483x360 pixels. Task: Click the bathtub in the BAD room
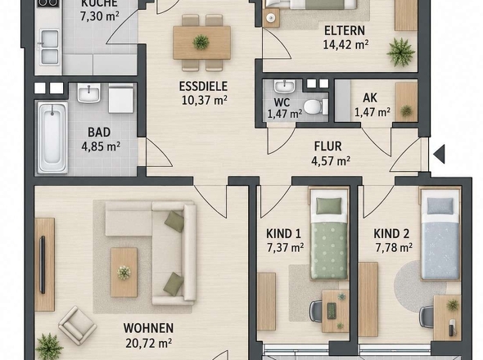pos(52,137)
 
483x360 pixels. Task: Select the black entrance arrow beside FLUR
pos(439,154)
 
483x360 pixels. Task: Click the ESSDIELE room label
pos(203,86)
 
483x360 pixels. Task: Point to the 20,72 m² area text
pos(148,343)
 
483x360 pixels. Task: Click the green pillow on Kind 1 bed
pos(329,205)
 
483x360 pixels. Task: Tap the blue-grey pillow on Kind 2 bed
pos(440,205)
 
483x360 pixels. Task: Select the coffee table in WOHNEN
pos(124,272)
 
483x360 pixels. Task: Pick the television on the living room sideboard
pos(43,264)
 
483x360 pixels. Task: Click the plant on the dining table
pos(201,42)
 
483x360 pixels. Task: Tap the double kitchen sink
pos(49,47)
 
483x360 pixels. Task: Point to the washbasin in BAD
pos(88,92)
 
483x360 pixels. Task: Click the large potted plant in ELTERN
pos(401,52)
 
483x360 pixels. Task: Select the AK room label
pos(370,98)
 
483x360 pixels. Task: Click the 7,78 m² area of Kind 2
pos(394,247)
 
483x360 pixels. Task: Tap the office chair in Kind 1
pos(316,311)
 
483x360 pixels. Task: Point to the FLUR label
pos(327,146)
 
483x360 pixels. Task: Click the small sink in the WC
pos(284,86)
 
